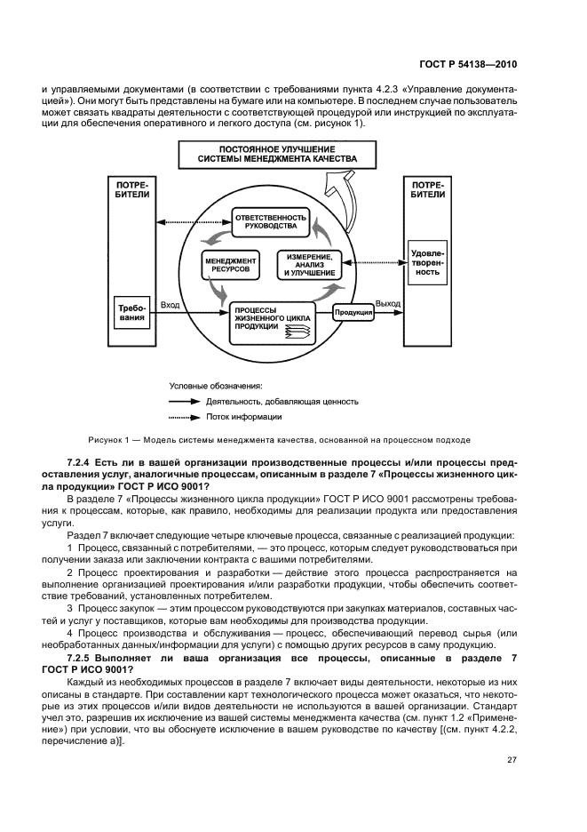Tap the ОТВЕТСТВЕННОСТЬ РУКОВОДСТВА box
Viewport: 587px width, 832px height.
[271, 221]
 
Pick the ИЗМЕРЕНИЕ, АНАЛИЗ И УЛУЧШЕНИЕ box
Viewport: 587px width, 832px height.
[310, 264]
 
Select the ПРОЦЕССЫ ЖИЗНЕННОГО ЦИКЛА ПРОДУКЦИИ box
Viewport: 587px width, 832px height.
[266, 319]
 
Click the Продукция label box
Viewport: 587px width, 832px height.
[353, 312]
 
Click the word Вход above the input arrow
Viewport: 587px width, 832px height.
[171, 305]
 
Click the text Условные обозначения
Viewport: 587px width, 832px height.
[215, 386]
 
